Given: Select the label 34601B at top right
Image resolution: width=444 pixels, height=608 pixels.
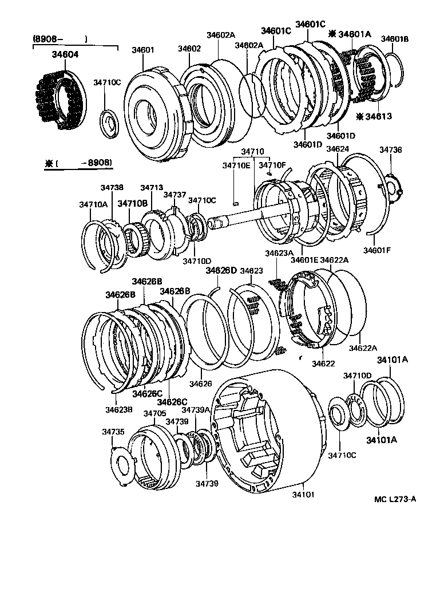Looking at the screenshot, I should pos(395,39).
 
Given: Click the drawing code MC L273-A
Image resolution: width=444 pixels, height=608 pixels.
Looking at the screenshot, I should pos(395,499).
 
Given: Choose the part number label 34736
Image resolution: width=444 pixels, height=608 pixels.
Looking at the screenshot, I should pos(391,150).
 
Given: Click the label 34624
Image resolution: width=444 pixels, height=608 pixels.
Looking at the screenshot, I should pos(338,149).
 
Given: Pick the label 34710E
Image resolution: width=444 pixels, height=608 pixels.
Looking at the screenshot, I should pos(236,166).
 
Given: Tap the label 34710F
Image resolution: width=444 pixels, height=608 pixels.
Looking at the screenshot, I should pos(272,166).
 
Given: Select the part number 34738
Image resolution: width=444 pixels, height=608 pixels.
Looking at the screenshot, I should pos(112,187).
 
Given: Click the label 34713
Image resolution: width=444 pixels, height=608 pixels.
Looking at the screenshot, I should pos(152,187).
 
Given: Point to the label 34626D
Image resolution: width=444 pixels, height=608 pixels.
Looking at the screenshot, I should pos(221,270).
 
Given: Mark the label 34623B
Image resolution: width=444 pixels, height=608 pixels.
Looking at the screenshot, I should pos(118,409).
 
